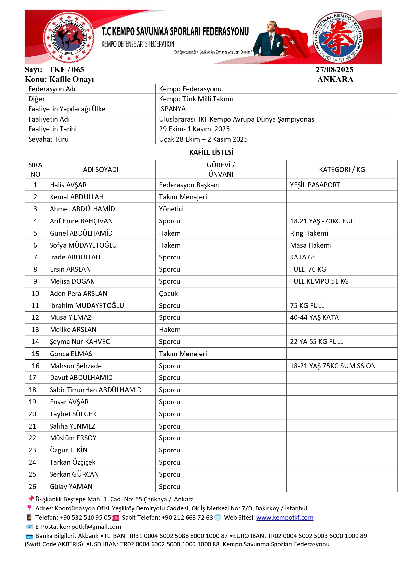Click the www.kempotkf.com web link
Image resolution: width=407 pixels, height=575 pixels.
285,518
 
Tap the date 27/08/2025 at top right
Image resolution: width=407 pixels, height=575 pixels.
335,70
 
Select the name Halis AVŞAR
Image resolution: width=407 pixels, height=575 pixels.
68,185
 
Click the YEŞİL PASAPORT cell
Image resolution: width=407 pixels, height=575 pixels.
315,185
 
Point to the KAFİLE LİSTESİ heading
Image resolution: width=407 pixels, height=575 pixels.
211,152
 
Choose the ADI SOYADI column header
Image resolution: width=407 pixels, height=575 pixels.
101,170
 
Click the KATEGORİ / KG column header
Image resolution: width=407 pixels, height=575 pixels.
342,170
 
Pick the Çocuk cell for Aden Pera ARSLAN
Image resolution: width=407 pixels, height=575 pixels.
168,294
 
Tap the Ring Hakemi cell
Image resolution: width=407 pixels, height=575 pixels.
309,233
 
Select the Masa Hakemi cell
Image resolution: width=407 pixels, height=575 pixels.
311,245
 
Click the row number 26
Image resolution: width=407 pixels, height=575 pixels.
32,487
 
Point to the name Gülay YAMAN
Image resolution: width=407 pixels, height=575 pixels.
71,487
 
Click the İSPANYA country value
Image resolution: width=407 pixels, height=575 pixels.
172,109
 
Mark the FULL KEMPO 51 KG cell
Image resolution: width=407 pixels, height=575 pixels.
319,281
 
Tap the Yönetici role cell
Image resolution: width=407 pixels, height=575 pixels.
171,209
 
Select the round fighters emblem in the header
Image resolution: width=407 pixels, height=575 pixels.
69,37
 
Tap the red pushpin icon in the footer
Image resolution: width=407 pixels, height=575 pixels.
31,499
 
